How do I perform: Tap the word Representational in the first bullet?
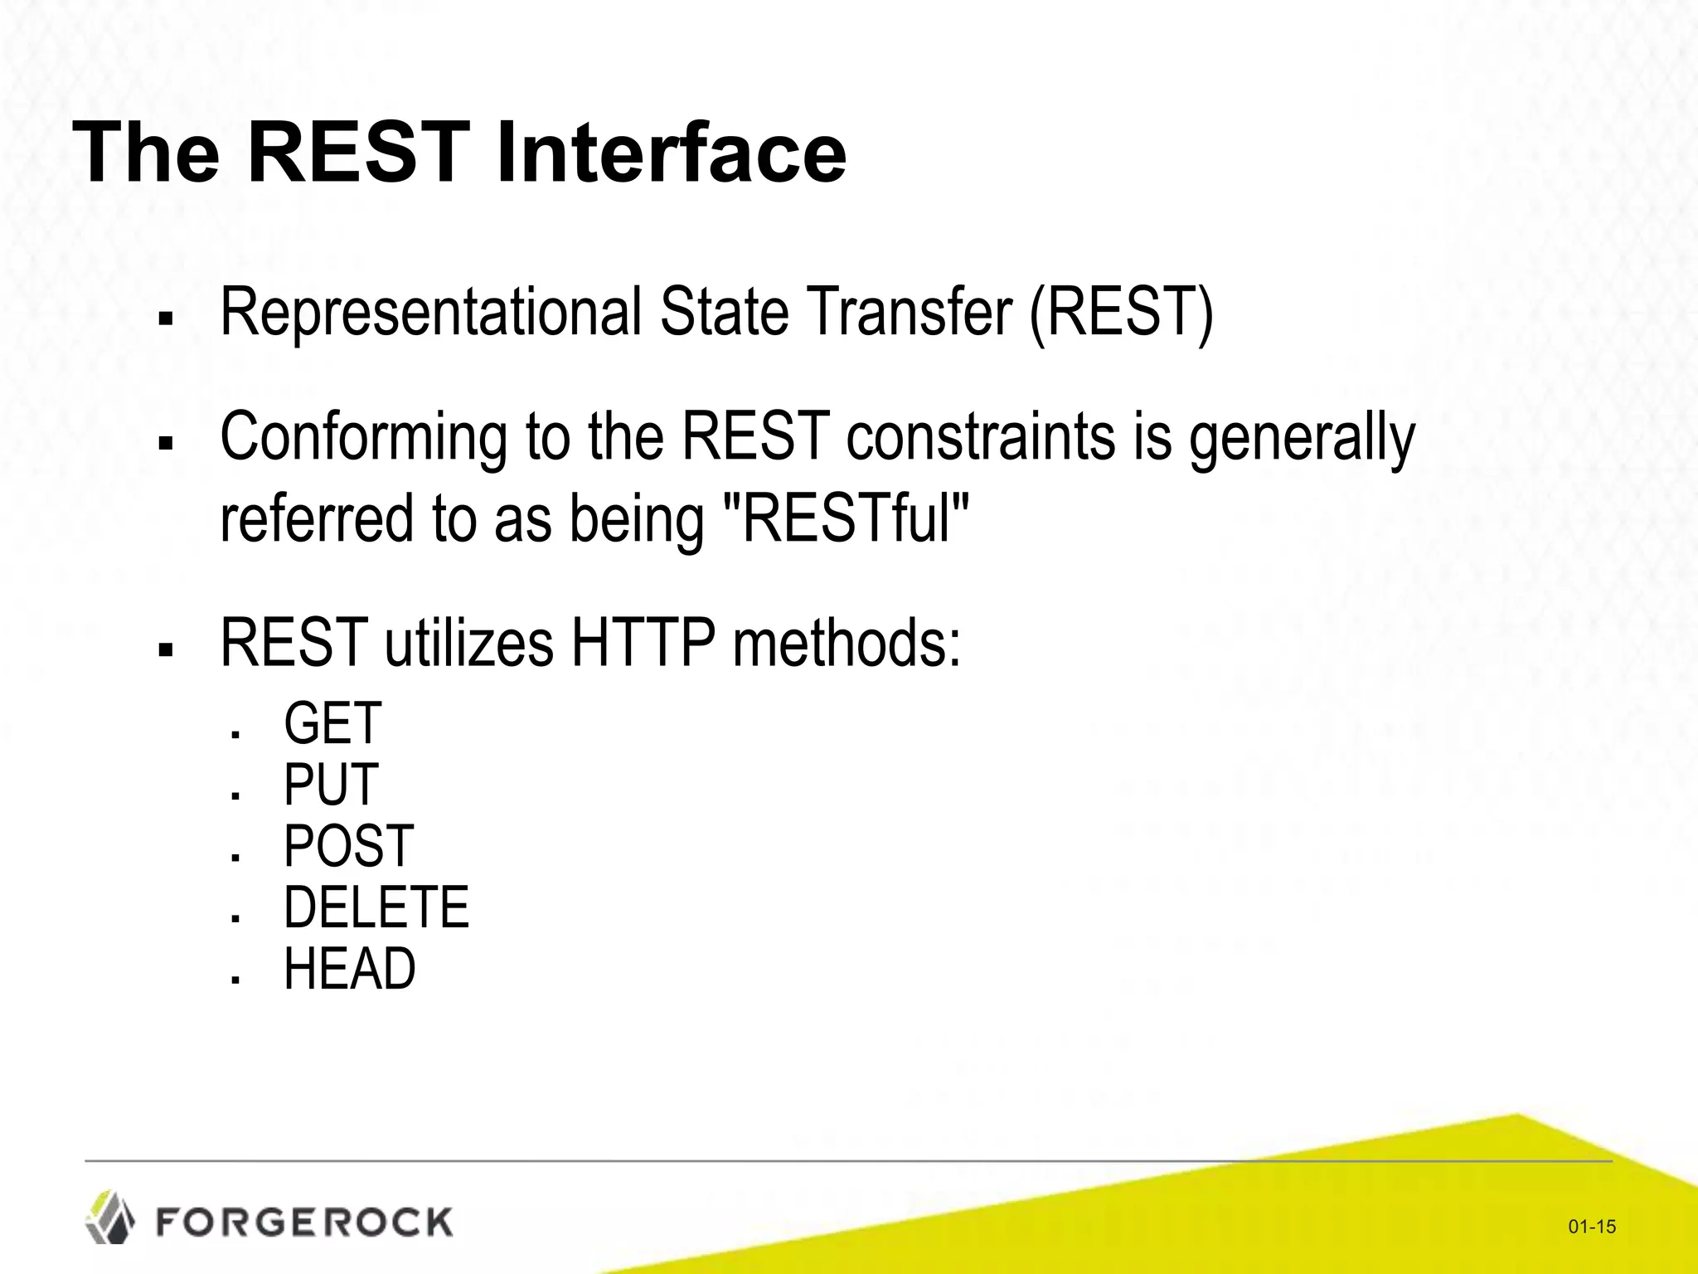click(x=431, y=313)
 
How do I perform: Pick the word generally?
click(x=1302, y=440)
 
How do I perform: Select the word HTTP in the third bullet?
click(x=643, y=643)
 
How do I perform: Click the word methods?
click(x=847, y=643)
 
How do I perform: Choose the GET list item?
click(x=332, y=723)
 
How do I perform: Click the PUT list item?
click(x=330, y=785)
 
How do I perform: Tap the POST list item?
click(x=348, y=846)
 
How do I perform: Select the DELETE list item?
click(x=376, y=907)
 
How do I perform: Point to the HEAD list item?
click(x=349, y=969)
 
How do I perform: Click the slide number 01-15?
click(x=1592, y=1227)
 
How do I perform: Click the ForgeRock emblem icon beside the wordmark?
click(x=110, y=1218)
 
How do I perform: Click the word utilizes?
click(x=469, y=643)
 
